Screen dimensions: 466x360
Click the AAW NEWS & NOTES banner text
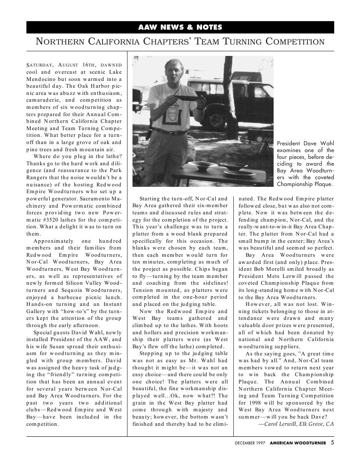tap(180, 27)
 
